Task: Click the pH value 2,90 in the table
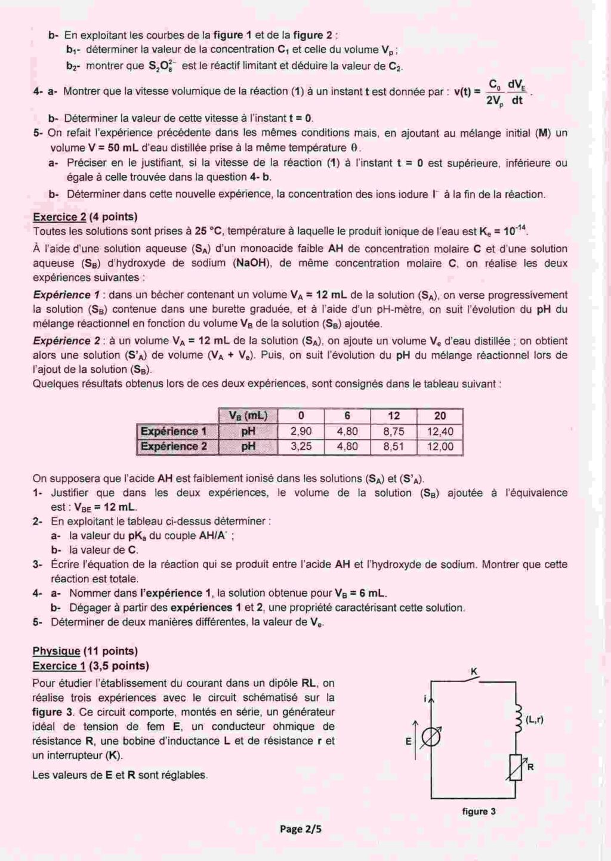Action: click(x=301, y=431)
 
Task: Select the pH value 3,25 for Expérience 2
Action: click(x=301, y=446)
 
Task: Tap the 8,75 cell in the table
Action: click(x=394, y=431)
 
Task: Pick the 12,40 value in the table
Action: click(x=440, y=431)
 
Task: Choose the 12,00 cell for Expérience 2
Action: click(x=440, y=446)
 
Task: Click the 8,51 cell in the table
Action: click(x=394, y=446)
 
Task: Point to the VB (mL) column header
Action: click(x=248, y=416)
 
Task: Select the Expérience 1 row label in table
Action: click(x=174, y=431)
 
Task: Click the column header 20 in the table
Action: click(x=440, y=416)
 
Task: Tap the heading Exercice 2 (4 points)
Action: click(x=85, y=217)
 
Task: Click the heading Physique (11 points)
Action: click(x=85, y=651)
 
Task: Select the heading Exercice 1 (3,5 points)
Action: click(x=91, y=666)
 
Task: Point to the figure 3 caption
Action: click(x=479, y=811)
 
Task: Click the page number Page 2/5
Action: click(x=301, y=829)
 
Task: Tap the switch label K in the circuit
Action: click(x=474, y=672)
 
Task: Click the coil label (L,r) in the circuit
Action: click(x=535, y=720)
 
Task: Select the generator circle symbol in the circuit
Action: click(x=430, y=739)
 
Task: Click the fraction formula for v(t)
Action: click(x=506, y=92)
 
